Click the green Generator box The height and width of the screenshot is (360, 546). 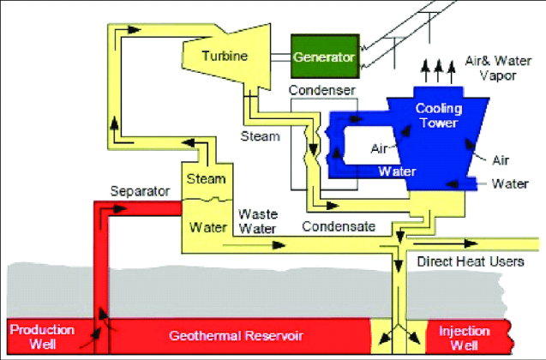click(x=323, y=58)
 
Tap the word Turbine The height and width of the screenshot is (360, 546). click(x=225, y=57)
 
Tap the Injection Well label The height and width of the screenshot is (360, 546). click(x=463, y=337)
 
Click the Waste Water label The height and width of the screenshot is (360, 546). click(x=256, y=220)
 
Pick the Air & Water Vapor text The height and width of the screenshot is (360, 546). click(x=492, y=68)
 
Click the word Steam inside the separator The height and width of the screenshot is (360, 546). click(x=206, y=179)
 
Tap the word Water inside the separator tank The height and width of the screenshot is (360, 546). click(x=207, y=228)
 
